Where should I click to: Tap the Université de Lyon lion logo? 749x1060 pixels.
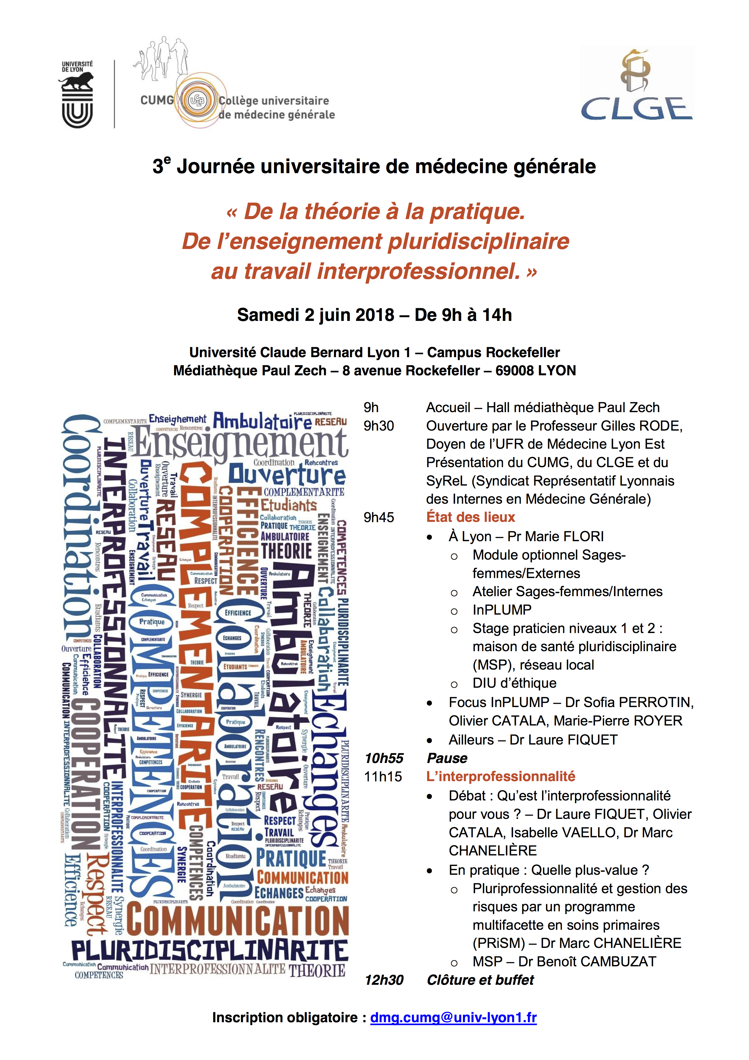tap(77, 94)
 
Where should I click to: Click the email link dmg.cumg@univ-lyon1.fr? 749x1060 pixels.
tap(453, 1017)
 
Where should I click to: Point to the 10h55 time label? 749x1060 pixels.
tap(384, 758)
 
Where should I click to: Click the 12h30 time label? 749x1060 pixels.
tap(384, 980)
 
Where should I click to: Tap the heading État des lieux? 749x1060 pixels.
tap(470, 517)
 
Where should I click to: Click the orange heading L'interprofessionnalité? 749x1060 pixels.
tap(501, 777)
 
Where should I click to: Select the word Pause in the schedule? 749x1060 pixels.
tap(447, 758)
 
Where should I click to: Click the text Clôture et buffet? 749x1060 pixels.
tap(480, 980)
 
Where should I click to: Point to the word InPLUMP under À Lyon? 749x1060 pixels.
tap(502, 610)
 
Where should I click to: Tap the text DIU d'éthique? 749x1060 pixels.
tap(514, 683)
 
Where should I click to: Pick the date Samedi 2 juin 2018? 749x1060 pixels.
tap(316, 315)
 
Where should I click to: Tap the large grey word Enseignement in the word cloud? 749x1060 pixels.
tap(240, 443)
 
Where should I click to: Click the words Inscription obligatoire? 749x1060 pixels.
tap(285, 1017)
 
